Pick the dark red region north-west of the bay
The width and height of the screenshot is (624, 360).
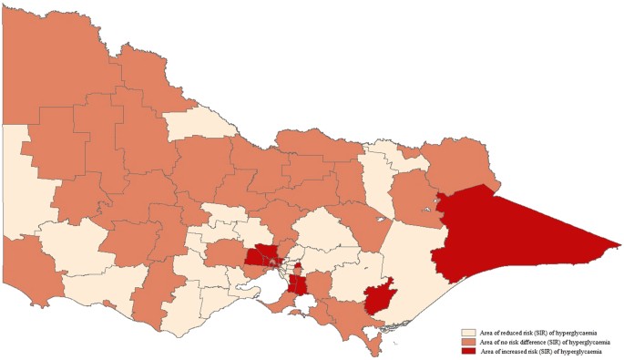(x=263, y=256)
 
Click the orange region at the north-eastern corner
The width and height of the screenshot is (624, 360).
(x=460, y=164)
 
